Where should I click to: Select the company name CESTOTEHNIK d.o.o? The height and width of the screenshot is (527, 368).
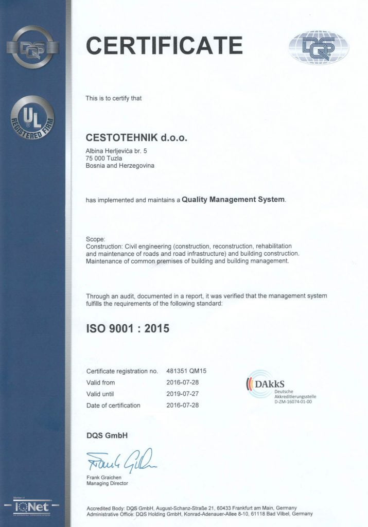tap(136, 138)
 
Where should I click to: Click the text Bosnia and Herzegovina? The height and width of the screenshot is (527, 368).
tap(120, 166)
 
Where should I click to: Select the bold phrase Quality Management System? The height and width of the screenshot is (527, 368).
tap(233, 199)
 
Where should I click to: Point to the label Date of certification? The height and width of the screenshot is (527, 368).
tap(113, 405)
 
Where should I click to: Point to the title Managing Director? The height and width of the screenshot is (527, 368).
tap(107, 483)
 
